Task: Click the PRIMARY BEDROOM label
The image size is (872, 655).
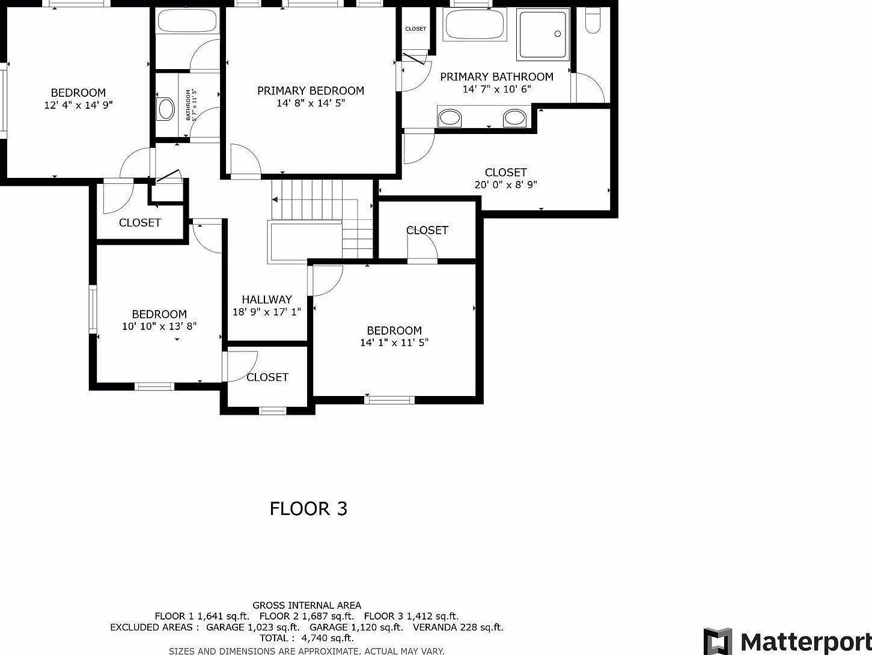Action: coord(310,91)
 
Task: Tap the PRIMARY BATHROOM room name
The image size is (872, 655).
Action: coord(496,77)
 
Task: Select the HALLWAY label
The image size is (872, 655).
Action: coord(267,299)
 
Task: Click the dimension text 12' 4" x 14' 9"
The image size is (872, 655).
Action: coord(78,105)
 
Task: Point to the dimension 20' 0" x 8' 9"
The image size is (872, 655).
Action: coord(505,184)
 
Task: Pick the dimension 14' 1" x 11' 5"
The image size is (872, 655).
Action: coord(394,343)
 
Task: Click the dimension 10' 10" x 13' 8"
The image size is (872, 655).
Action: coord(159,326)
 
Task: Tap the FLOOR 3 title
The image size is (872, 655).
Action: coord(308,509)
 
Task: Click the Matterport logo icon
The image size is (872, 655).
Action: coord(718,641)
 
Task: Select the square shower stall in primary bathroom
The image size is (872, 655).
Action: coord(543,34)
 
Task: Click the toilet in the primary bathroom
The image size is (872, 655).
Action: coord(593,21)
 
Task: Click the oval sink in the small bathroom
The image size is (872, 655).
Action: coord(166,109)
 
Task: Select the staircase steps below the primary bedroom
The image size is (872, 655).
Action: coord(306,200)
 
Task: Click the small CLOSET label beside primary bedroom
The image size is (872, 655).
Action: coord(415,29)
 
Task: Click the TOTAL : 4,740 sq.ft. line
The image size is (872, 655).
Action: coord(306,638)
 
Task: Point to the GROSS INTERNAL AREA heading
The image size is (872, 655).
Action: coord(306,605)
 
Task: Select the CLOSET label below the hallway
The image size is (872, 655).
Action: coord(267,377)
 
